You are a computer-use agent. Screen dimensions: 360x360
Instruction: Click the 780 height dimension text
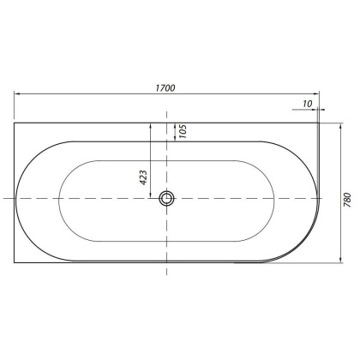(x=347, y=199)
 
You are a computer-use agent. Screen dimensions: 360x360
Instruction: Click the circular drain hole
(x=166, y=199)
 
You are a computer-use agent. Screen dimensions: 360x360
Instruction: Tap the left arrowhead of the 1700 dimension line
(x=17, y=94)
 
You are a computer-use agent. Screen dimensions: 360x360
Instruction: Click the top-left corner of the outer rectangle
(x=15, y=122)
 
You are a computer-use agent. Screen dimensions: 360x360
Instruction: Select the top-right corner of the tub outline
(x=318, y=122)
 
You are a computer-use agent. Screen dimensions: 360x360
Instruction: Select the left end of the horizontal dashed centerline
(x=3, y=199)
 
